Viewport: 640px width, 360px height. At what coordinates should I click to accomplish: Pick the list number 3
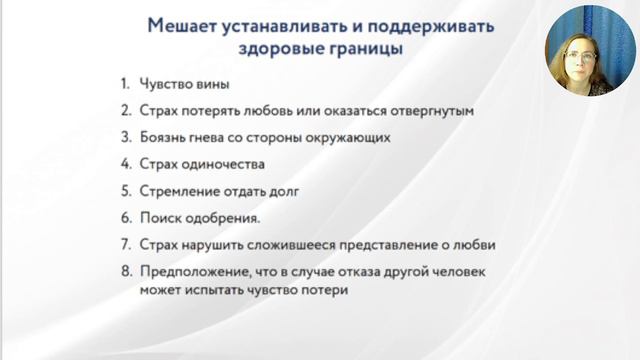pyautogui.click(x=123, y=138)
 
